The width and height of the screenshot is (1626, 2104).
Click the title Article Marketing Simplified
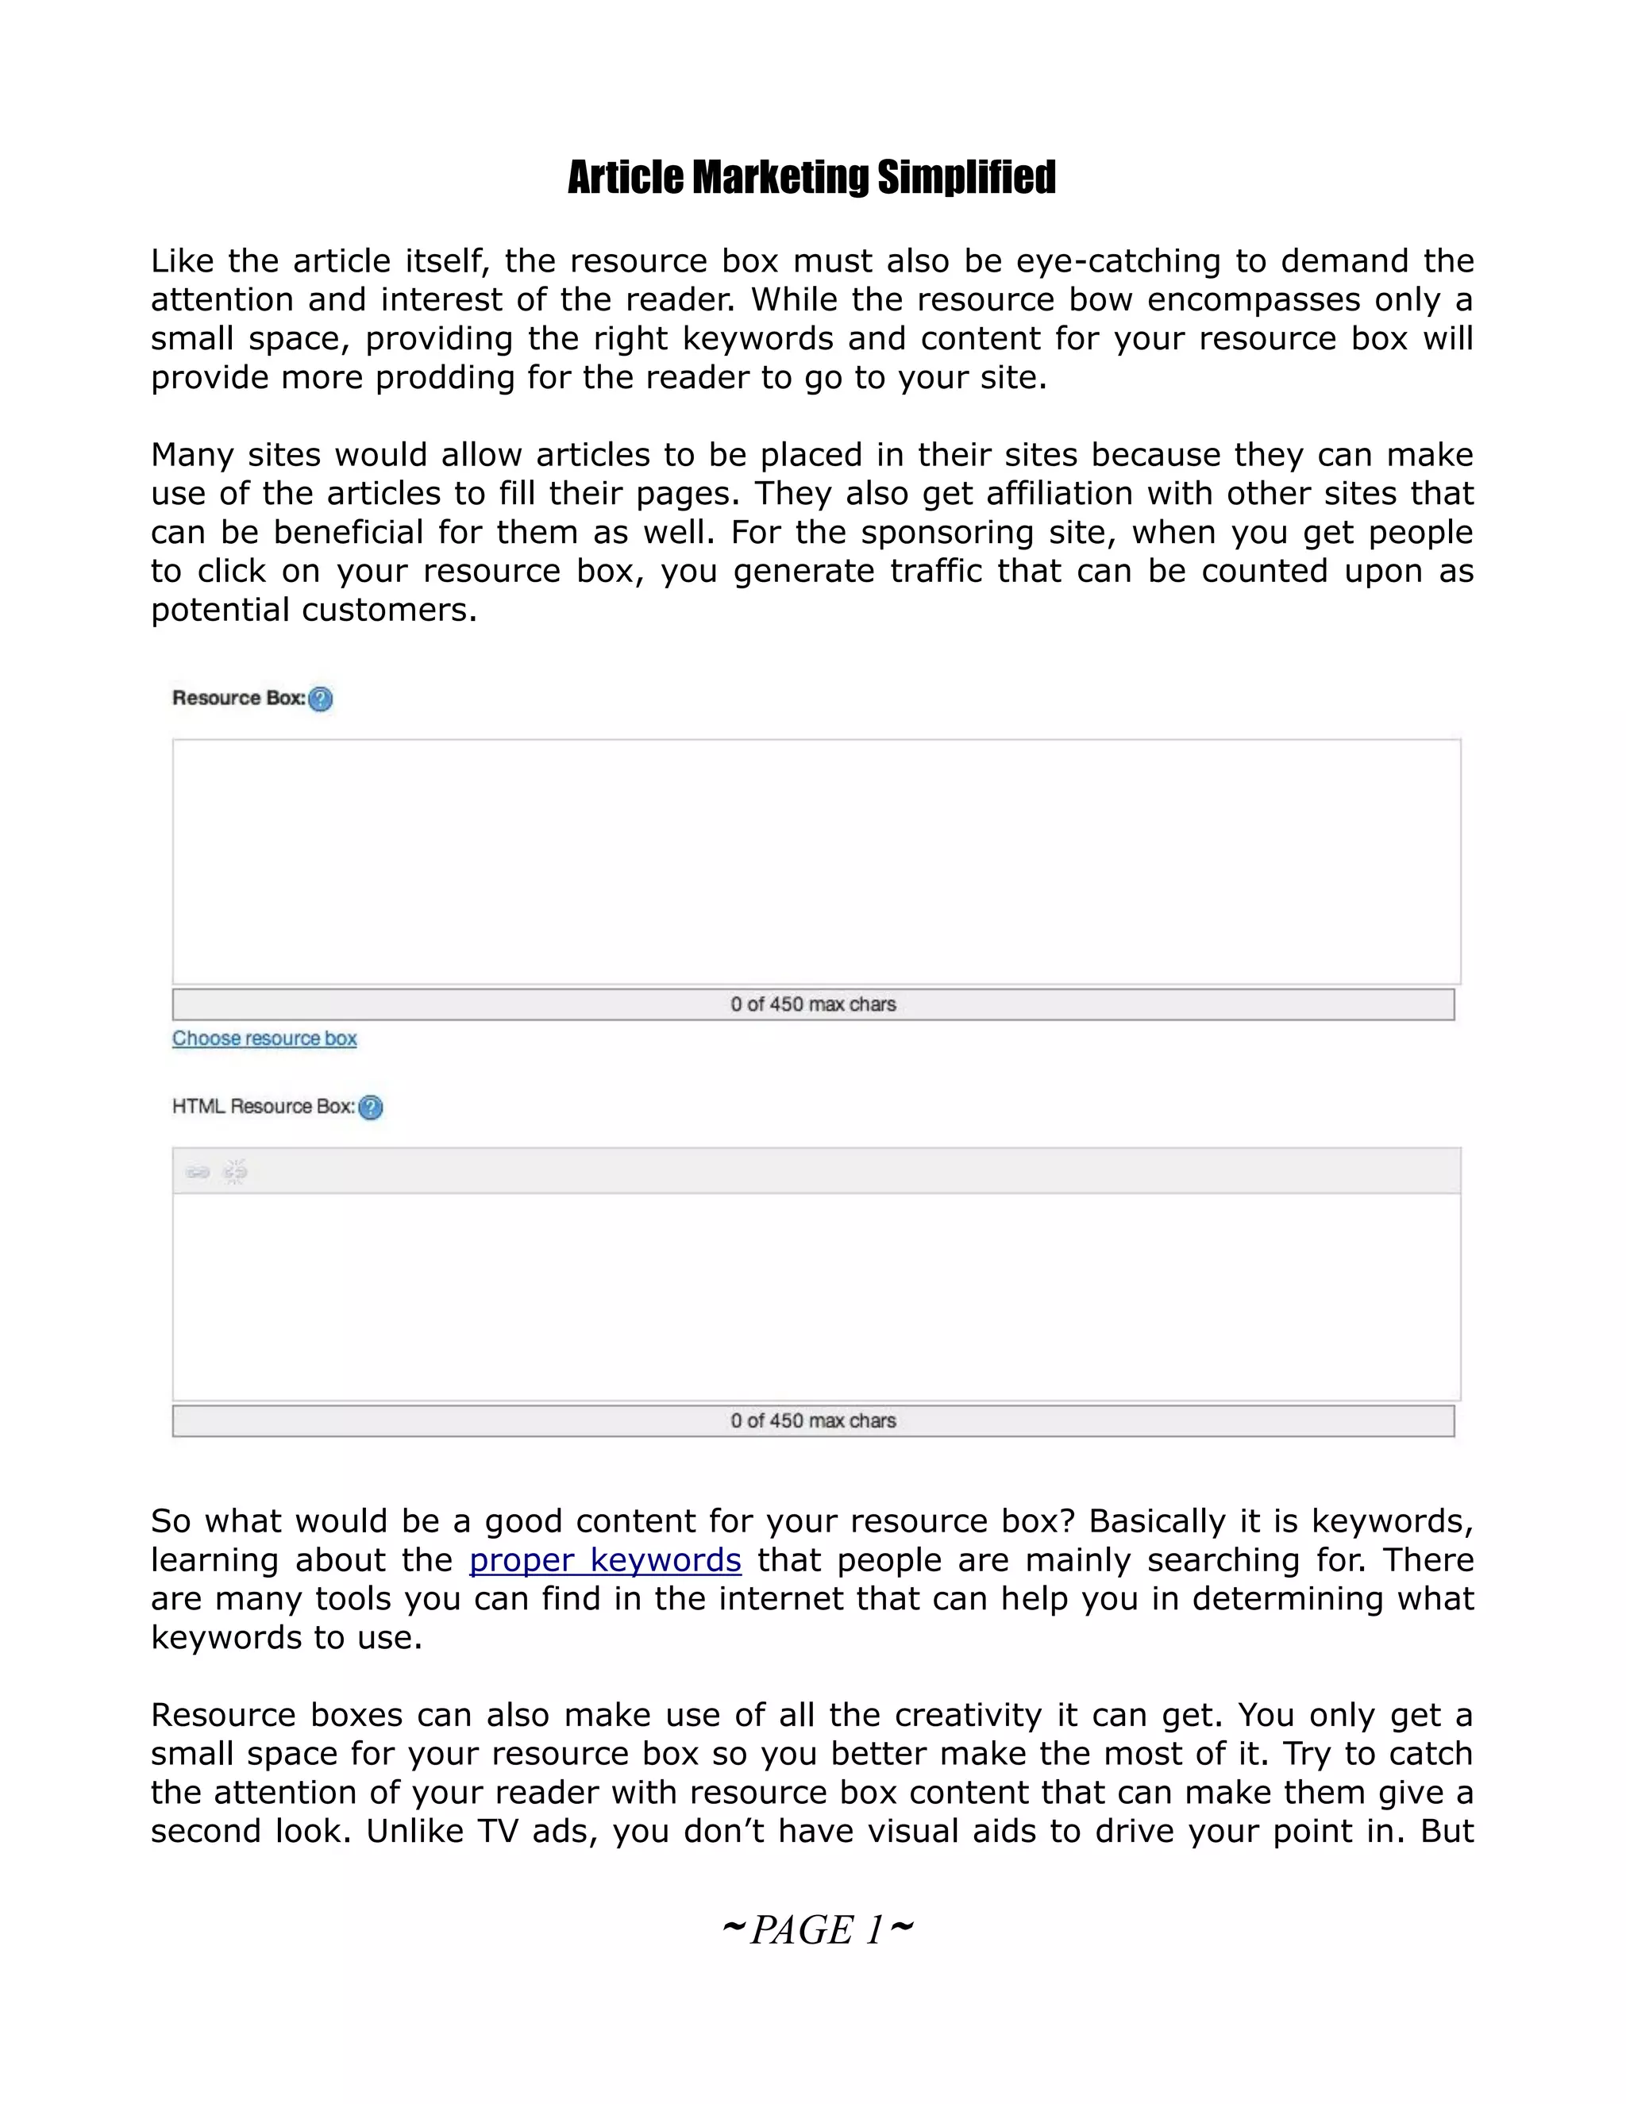811,177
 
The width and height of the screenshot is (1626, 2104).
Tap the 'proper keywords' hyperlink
605,1559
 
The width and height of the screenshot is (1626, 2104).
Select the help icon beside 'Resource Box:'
321,699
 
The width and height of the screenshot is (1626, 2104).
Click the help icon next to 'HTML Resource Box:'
371,1107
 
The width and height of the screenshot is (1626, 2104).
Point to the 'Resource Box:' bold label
238,697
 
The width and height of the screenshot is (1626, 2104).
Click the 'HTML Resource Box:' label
263,1106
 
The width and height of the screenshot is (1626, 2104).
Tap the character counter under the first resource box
813,1004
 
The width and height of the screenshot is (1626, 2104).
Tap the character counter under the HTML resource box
813,1420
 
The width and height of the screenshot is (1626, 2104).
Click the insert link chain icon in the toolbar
198,1171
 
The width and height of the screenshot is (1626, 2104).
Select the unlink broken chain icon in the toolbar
235,1171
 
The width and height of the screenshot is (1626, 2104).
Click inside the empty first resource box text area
816,861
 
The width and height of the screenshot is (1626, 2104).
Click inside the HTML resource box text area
816,1296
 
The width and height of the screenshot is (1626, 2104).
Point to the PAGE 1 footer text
816,1929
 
